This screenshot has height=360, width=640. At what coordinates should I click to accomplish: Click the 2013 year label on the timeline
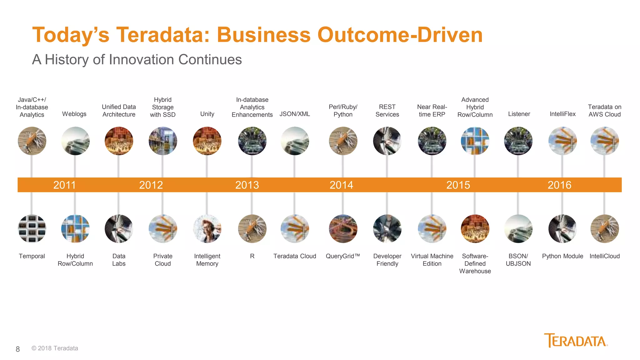click(x=247, y=185)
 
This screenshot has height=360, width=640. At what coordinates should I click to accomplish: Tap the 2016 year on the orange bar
click(x=559, y=185)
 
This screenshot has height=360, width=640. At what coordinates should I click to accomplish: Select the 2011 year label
click(x=64, y=185)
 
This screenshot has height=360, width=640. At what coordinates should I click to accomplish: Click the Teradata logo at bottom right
click(x=576, y=341)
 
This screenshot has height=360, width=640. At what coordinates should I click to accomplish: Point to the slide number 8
click(x=18, y=349)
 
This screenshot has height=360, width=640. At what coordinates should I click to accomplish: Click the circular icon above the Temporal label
click(x=32, y=229)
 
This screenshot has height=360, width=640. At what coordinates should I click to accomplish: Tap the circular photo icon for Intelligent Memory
click(x=207, y=229)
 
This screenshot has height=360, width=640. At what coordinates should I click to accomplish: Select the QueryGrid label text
click(x=342, y=256)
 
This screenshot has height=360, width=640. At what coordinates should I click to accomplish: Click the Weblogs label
click(x=74, y=114)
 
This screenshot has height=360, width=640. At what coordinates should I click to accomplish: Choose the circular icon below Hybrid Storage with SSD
click(x=163, y=141)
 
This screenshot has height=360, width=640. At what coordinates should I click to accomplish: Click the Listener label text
click(x=519, y=114)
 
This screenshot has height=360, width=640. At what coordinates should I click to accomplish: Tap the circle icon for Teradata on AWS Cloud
click(x=604, y=141)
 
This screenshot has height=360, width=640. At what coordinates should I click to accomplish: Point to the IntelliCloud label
click(x=604, y=256)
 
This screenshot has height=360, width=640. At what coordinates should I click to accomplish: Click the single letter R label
click(x=252, y=256)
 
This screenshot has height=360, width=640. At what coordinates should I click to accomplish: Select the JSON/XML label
click(x=295, y=114)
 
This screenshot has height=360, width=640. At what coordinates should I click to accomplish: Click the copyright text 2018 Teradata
click(x=55, y=348)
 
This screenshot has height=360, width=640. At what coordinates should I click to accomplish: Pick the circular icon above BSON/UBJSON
click(x=518, y=229)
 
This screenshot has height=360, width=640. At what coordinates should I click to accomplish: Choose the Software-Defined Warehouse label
click(x=475, y=263)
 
